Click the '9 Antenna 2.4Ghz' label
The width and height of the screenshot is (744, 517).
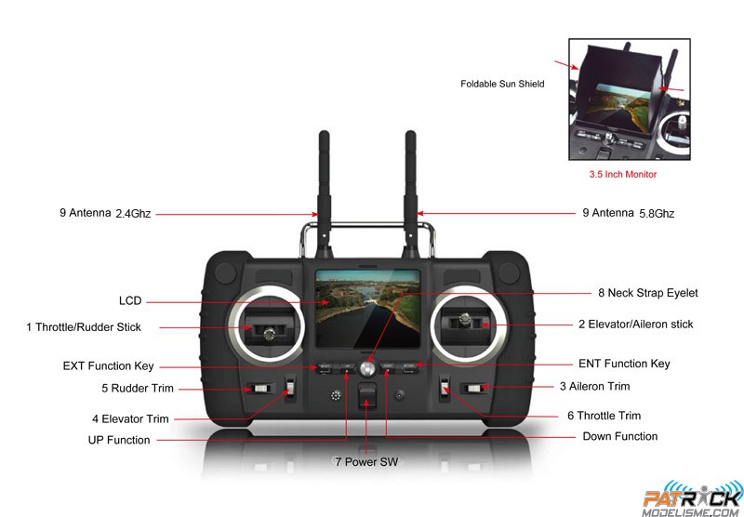105,213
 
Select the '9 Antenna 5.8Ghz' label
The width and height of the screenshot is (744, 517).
629,213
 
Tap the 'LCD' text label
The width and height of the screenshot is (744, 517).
130,300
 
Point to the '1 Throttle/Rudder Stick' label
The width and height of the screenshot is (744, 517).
84,327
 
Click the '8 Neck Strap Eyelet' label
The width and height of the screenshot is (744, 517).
647,293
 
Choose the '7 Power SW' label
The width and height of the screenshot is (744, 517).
366,461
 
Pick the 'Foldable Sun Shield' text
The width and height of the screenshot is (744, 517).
502,84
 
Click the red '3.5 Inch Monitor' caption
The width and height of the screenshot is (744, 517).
622,174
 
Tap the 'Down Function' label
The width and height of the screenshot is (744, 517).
619,436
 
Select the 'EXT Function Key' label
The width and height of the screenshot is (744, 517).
108,366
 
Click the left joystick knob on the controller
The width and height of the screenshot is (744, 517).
270,335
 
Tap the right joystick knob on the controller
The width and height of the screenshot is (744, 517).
466,320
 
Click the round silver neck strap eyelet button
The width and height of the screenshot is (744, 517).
367,368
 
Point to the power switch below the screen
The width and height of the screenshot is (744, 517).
366,395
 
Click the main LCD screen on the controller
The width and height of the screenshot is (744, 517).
367,309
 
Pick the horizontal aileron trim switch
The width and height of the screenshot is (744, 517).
474,389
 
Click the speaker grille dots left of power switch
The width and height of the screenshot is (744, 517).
336,395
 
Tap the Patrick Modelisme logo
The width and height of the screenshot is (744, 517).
693,499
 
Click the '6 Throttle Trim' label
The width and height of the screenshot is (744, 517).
604,416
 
